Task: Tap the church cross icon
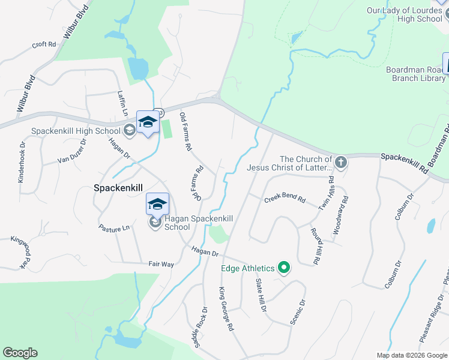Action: click(340, 163)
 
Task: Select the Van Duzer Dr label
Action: click(72, 150)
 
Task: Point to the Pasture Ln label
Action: click(114, 228)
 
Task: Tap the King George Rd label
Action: click(224, 310)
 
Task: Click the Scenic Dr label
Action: click(298, 311)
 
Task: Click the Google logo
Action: click(20, 353)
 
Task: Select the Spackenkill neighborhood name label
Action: click(118, 188)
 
